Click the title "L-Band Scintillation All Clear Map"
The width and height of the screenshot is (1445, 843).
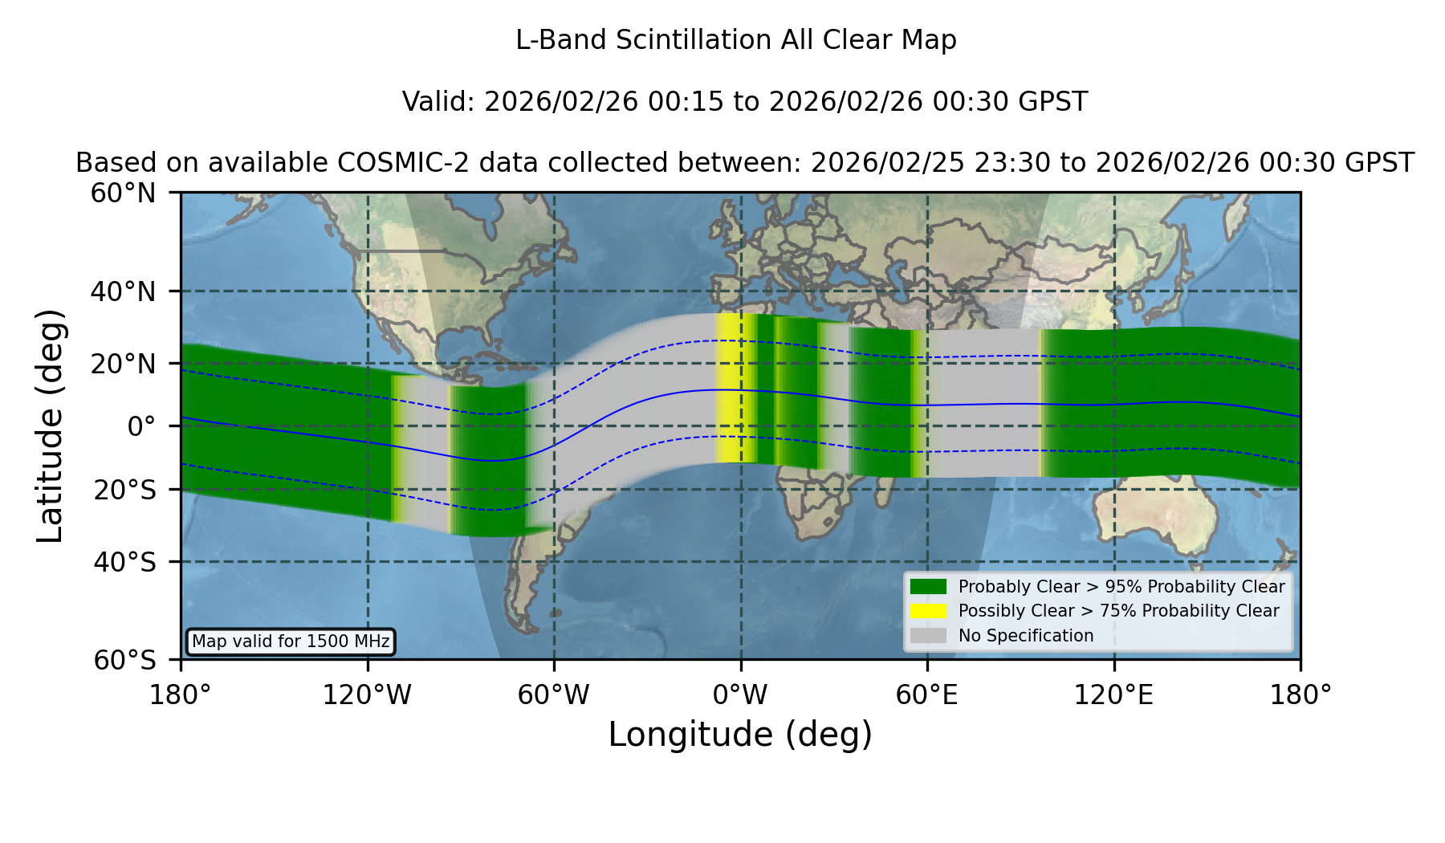click(x=735, y=39)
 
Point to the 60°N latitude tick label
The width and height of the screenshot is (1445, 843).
click(x=123, y=193)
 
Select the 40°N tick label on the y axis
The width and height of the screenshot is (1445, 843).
click(x=123, y=291)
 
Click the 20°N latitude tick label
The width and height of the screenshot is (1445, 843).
click(x=123, y=364)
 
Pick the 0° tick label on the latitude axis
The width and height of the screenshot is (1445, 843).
click(x=141, y=426)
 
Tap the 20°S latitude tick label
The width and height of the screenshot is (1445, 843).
click(x=124, y=489)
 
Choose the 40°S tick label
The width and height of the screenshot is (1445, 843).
click(x=124, y=561)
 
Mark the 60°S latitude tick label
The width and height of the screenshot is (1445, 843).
click(x=124, y=660)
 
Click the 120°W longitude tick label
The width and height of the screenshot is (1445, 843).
click(x=367, y=694)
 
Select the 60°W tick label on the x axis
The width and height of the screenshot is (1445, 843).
click(x=554, y=694)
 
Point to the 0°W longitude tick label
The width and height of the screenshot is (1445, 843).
click(x=740, y=694)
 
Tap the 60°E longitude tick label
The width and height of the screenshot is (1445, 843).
click(x=927, y=694)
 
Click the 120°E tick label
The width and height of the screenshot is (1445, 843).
click(x=1113, y=694)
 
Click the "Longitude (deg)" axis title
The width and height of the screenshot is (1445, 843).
click(x=740, y=735)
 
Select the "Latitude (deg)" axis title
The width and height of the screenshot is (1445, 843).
click(x=51, y=426)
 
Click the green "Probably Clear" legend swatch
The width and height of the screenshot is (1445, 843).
click(x=928, y=586)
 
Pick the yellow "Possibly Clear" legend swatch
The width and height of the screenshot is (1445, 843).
click(x=928, y=611)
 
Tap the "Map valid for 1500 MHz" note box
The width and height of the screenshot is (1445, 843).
click(x=291, y=641)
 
